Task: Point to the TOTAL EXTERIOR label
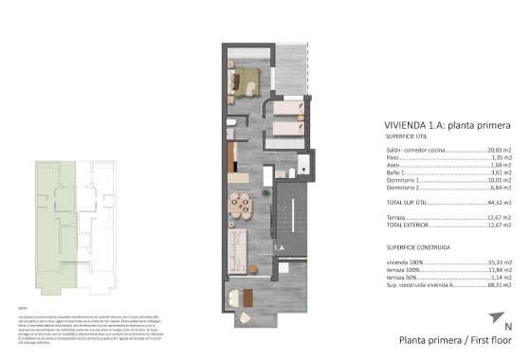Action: click(405, 225)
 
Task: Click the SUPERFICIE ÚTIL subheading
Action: click(404, 137)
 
